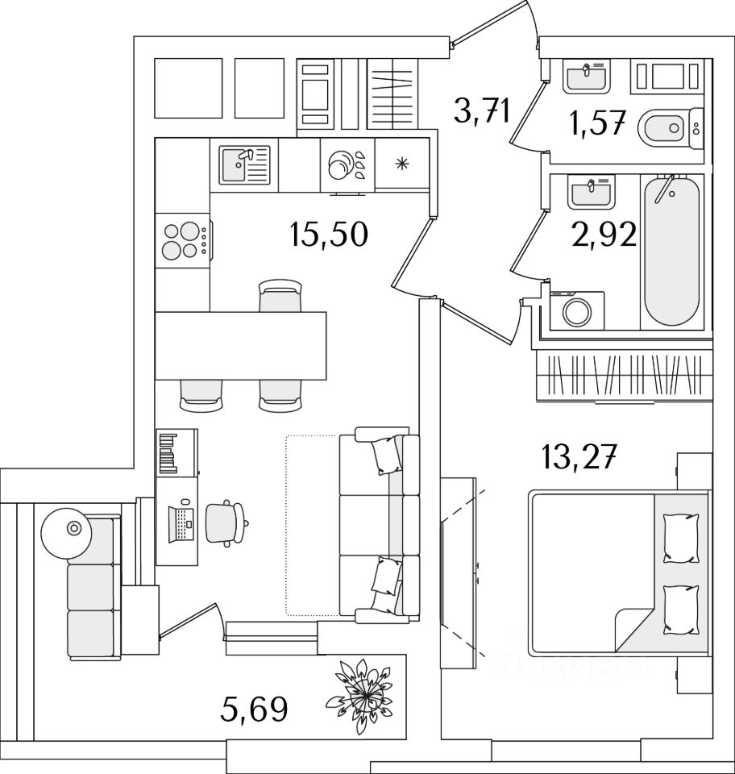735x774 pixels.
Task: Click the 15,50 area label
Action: click(328, 235)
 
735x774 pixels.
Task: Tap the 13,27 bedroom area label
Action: click(579, 460)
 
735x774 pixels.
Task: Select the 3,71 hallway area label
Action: click(482, 110)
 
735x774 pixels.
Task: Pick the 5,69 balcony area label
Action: click(254, 710)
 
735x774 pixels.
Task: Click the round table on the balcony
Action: click(74, 530)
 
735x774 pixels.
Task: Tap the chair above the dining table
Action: click(280, 296)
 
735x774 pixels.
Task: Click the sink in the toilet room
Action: click(586, 78)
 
